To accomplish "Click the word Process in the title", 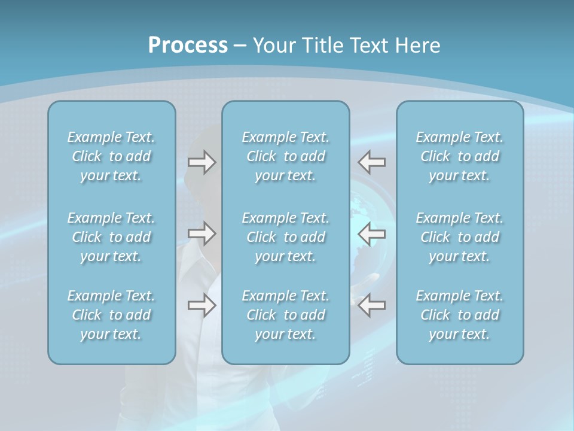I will (x=188, y=45).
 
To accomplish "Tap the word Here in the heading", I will (x=417, y=45).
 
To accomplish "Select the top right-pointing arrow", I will (x=201, y=162).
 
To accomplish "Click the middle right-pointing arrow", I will (x=201, y=233).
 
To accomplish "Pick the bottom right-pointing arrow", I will (x=201, y=305).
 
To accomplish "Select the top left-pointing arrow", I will (x=372, y=162).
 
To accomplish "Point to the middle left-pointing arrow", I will (x=372, y=233).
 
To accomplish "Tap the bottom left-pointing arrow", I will (x=372, y=305).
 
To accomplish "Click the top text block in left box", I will (x=111, y=156).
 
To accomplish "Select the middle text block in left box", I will (x=111, y=237).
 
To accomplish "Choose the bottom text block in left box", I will (x=111, y=315).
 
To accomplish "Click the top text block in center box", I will (x=285, y=156).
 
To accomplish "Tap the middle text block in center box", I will (x=285, y=237).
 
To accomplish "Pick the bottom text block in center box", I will (x=285, y=315).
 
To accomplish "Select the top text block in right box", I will (x=459, y=156).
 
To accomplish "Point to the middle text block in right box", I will (x=459, y=237).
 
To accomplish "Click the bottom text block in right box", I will (x=459, y=315).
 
